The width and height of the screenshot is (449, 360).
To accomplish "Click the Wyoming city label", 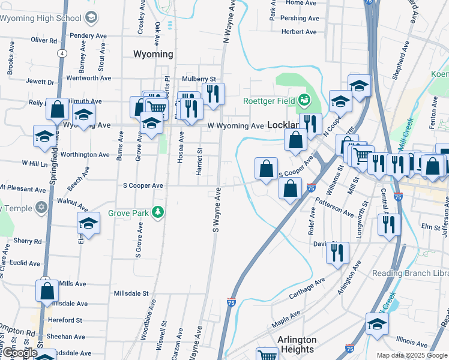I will pyautogui.click(x=152, y=54).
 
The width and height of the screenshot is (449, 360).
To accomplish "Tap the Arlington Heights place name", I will pyautogui.click(x=297, y=344).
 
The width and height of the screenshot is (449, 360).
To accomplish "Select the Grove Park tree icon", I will pyautogui.click(x=158, y=212).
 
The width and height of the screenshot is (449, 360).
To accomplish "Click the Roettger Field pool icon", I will pyautogui.click(x=305, y=100).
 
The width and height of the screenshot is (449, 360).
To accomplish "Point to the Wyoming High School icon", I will pyautogui.click(x=91, y=17).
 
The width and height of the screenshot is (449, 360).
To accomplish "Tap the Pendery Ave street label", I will pyautogui.click(x=88, y=36).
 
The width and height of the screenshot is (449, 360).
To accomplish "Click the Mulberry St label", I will pyautogui.click(x=199, y=79).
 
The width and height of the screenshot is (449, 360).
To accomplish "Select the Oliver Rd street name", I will pyautogui.click(x=43, y=40).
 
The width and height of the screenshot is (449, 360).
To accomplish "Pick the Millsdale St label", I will pyautogui.click(x=131, y=293).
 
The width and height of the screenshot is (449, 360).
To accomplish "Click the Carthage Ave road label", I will pyautogui.click(x=307, y=288).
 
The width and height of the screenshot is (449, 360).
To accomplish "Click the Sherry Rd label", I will pyautogui.click(x=28, y=241).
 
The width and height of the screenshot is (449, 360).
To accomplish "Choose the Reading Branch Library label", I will pyautogui.click(x=414, y=274).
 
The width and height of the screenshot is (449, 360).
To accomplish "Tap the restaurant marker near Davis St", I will pyautogui.click(x=337, y=252).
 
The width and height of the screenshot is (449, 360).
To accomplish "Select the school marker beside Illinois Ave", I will pyautogui.click(x=377, y=324).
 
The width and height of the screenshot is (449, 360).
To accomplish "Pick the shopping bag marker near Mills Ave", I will pyautogui.click(x=47, y=291).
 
